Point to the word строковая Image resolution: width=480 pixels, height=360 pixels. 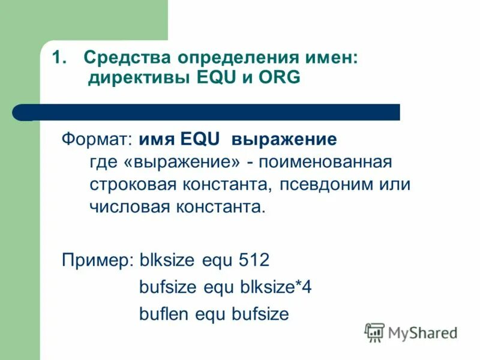130,185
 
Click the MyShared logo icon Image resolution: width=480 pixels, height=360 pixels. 374,332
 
